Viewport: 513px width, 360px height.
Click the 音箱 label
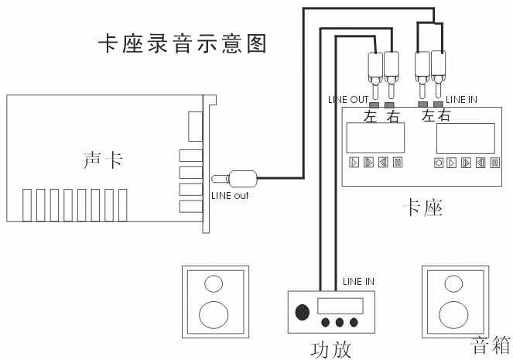click(491, 345)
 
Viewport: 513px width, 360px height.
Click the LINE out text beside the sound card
click(231, 194)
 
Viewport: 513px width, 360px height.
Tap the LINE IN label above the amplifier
click(358, 281)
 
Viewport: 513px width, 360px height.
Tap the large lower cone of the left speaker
click(215, 314)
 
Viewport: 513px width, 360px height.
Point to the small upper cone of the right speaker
click(453, 283)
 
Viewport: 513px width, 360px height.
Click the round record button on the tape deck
click(439, 163)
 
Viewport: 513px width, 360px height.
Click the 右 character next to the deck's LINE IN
click(443, 117)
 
